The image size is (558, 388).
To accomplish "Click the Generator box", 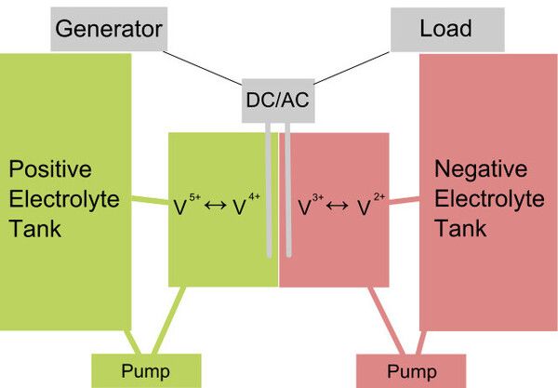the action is click(x=109, y=29).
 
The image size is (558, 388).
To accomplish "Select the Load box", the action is click(x=447, y=30).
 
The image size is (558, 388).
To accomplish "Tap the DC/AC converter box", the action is click(x=278, y=100).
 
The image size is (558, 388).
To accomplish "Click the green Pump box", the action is click(x=146, y=371).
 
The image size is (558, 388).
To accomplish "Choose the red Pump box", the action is click(x=411, y=371).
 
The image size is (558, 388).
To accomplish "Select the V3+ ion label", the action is click(x=311, y=205).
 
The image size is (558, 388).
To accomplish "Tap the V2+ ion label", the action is click(x=371, y=205).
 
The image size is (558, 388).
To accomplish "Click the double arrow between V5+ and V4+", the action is click(x=216, y=205).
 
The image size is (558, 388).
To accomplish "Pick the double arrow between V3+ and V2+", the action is click(x=337, y=206).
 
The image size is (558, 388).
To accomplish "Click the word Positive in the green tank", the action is click(x=50, y=169).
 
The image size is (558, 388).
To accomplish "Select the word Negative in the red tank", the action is click(x=481, y=168).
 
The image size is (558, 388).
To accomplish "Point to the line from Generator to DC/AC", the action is click(x=202, y=68).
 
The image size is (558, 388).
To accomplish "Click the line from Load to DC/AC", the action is click(x=352, y=68).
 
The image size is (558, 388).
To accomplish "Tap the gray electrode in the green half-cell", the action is click(x=269, y=190).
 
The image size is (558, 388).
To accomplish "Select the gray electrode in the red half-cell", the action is click(x=288, y=190).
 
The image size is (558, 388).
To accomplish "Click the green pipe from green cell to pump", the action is click(x=169, y=320).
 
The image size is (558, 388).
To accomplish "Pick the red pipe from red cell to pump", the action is click(x=387, y=320).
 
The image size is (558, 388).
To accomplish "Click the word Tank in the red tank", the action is click(x=460, y=228).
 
